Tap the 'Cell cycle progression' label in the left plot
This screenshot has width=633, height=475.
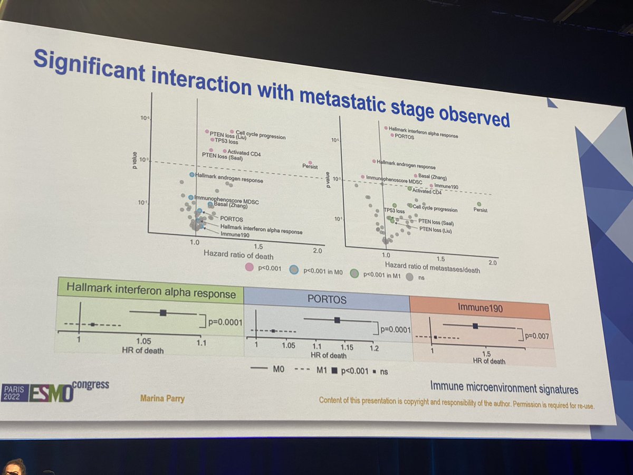click(x=260, y=135)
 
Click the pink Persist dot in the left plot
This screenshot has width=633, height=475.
click(x=310, y=163)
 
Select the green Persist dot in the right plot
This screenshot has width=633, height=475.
click(x=479, y=204)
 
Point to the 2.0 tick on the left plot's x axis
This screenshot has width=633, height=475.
click(x=318, y=250)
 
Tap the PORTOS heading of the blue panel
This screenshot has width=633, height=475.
click(x=327, y=299)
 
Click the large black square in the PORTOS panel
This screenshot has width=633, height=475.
click(x=337, y=320)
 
